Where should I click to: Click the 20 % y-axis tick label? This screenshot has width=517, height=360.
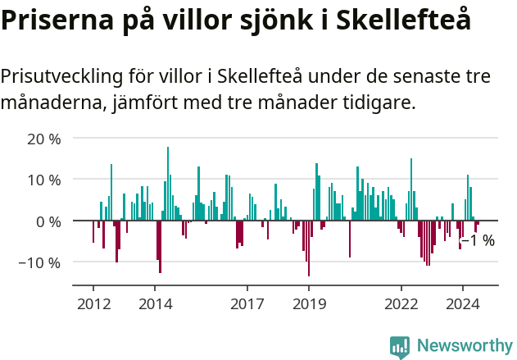click(x=44, y=139)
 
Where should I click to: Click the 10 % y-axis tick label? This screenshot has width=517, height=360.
click(x=44, y=180)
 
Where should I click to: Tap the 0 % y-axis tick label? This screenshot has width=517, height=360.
click(x=48, y=221)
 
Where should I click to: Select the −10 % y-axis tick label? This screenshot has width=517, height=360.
click(x=41, y=263)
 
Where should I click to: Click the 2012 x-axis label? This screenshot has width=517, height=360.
click(x=93, y=303)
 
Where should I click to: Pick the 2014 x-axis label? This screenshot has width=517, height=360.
click(x=155, y=303)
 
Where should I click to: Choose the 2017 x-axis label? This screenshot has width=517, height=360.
click(x=247, y=303)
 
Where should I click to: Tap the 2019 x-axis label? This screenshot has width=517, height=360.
click(x=309, y=303)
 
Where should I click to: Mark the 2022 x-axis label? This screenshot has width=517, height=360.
click(x=401, y=303)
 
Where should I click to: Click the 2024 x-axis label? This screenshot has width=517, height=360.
click(x=463, y=303)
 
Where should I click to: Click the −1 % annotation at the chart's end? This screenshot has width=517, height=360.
click(x=478, y=240)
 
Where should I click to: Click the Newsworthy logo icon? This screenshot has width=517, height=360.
click(x=400, y=346)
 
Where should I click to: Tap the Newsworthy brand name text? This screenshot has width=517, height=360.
click(x=464, y=346)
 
